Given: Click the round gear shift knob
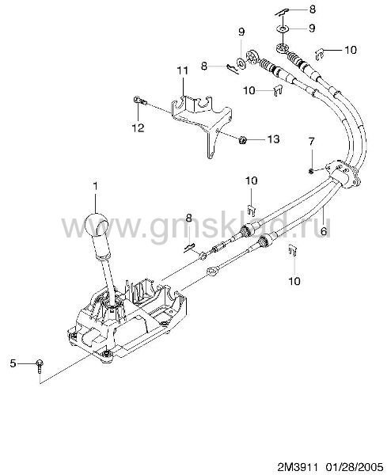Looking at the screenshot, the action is click(96, 225).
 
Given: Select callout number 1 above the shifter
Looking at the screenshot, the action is click(96, 186).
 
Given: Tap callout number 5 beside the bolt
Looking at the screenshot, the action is click(13, 363).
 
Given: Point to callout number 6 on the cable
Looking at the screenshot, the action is click(324, 231).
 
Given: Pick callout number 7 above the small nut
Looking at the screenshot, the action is click(311, 142).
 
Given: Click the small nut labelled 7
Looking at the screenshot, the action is click(310, 172).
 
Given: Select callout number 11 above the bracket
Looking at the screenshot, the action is click(182, 70).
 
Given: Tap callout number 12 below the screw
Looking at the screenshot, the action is click(138, 127).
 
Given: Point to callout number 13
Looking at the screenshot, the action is click(273, 139).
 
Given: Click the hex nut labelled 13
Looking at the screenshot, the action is click(242, 139).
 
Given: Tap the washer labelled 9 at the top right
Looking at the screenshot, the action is click(282, 29).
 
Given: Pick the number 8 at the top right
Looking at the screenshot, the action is click(312, 9).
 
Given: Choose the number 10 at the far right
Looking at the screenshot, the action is click(351, 50).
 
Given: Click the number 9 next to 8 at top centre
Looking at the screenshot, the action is click(241, 32).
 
